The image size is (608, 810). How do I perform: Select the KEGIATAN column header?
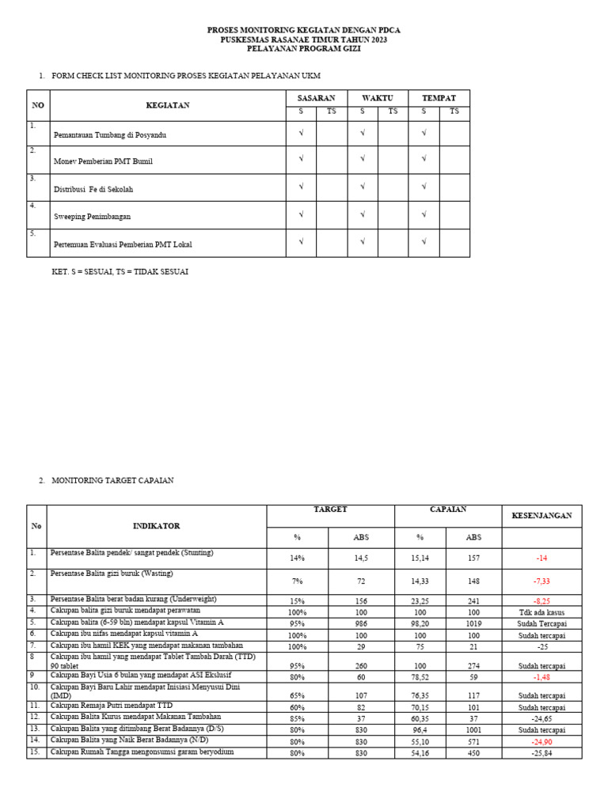(167, 105)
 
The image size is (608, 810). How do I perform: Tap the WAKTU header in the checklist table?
(377, 98)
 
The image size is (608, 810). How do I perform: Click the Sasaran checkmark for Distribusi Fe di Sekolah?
(301, 187)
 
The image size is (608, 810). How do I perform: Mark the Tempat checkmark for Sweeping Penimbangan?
(424, 214)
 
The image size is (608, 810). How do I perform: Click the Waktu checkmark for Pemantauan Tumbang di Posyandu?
(362, 133)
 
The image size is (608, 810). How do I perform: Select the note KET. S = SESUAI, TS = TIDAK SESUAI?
(120, 271)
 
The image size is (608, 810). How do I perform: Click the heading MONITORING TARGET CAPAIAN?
(112, 480)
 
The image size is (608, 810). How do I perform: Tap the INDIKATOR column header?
(157, 526)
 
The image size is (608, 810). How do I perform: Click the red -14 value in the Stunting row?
(541, 558)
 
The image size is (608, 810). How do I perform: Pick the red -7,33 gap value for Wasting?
(541, 581)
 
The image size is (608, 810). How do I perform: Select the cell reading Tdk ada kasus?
(541, 612)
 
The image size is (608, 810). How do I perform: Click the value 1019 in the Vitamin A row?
(473, 623)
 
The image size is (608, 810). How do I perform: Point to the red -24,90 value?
(541, 742)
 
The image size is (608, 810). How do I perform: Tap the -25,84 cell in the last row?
(541, 753)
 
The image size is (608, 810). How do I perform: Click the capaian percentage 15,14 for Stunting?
(420, 558)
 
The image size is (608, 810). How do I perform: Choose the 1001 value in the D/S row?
(473, 730)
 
